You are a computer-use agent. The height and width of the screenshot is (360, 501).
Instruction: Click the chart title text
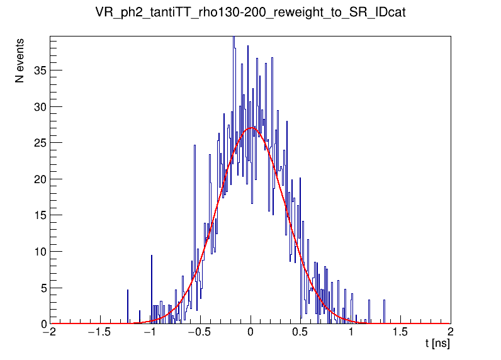250,13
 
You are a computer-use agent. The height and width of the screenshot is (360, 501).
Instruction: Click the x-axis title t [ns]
437,344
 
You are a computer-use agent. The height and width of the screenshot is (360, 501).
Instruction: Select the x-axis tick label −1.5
99,333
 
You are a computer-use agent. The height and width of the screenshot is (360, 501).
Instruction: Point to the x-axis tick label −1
149,333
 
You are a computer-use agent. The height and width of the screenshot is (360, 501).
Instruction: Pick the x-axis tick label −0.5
199,333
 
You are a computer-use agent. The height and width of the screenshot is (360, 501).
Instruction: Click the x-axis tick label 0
250,333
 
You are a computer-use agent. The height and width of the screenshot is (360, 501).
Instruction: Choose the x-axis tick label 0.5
300,333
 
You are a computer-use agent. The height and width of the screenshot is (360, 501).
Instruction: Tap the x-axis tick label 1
351,333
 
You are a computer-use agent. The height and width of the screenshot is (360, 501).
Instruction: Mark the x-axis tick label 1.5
400,333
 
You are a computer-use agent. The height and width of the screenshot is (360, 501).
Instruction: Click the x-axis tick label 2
450,333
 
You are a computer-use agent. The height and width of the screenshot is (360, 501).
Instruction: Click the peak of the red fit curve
252,128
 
